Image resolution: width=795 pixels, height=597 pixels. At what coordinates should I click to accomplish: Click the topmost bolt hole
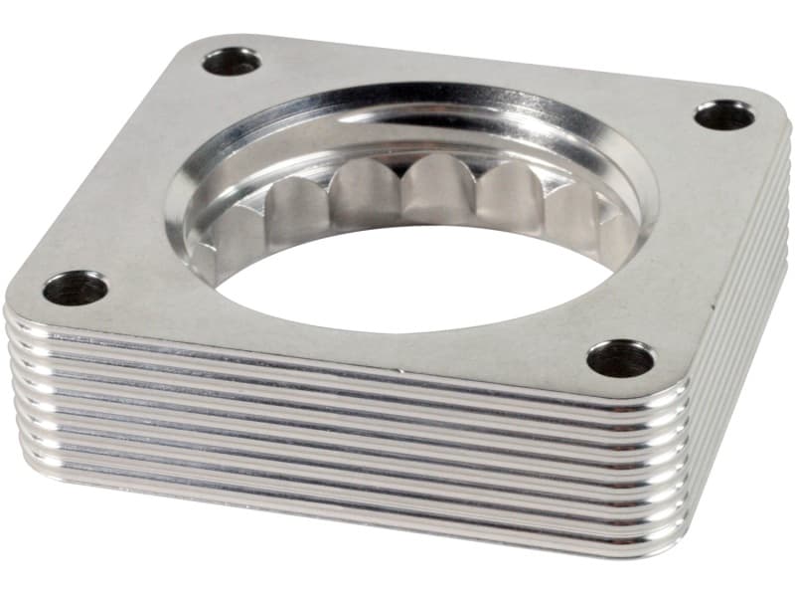pyautogui.click(x=232, y=62)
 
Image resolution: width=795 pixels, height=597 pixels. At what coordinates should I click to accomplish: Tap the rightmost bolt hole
pyautogui.click(x=723, y=115)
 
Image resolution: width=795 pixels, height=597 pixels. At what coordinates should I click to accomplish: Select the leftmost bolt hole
pyautogui.click(x=76, y=289)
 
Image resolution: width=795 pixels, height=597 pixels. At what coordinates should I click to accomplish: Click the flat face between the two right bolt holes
pyautogui.click(x=686, y=239)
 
